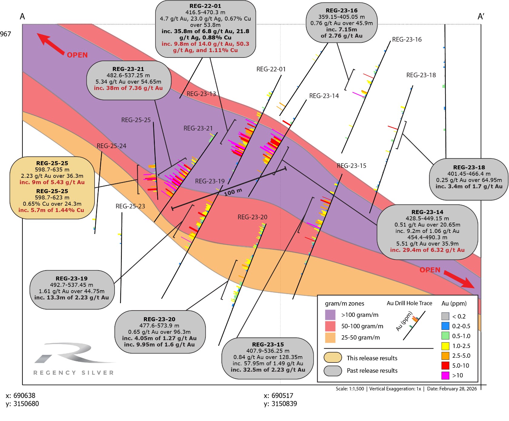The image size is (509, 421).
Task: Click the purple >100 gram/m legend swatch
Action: (x=330, y=315)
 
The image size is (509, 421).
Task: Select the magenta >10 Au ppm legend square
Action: (x=445, y=375)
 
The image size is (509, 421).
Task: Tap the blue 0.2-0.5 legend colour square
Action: (x=445, y=326)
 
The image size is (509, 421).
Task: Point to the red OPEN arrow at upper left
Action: (x=50, y=44)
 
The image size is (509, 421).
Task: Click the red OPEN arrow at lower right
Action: (x=459, y=279)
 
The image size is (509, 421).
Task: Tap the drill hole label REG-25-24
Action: (x=111, y=146)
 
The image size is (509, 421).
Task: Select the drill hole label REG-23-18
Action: (x=421, y=75)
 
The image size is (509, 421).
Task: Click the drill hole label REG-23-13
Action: (x=201, y=94)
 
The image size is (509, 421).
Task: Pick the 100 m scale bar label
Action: (x=233, y=192)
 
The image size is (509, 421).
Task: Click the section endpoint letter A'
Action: (x=481, y=17)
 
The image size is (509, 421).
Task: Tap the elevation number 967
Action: (x=5, y=34)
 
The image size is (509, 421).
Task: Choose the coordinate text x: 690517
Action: (x=278, y=396)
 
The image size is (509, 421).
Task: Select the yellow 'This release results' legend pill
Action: (x=333, y=358)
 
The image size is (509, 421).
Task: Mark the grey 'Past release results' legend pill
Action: (x=333, y=370)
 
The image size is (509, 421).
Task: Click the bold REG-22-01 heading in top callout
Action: (x=205, y=6)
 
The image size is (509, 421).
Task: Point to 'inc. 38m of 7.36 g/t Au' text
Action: (x=128, y=88)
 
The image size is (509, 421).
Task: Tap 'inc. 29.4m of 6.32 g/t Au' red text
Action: (x=427, y=250)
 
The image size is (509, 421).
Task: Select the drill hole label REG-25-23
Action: (x=130, y=206)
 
